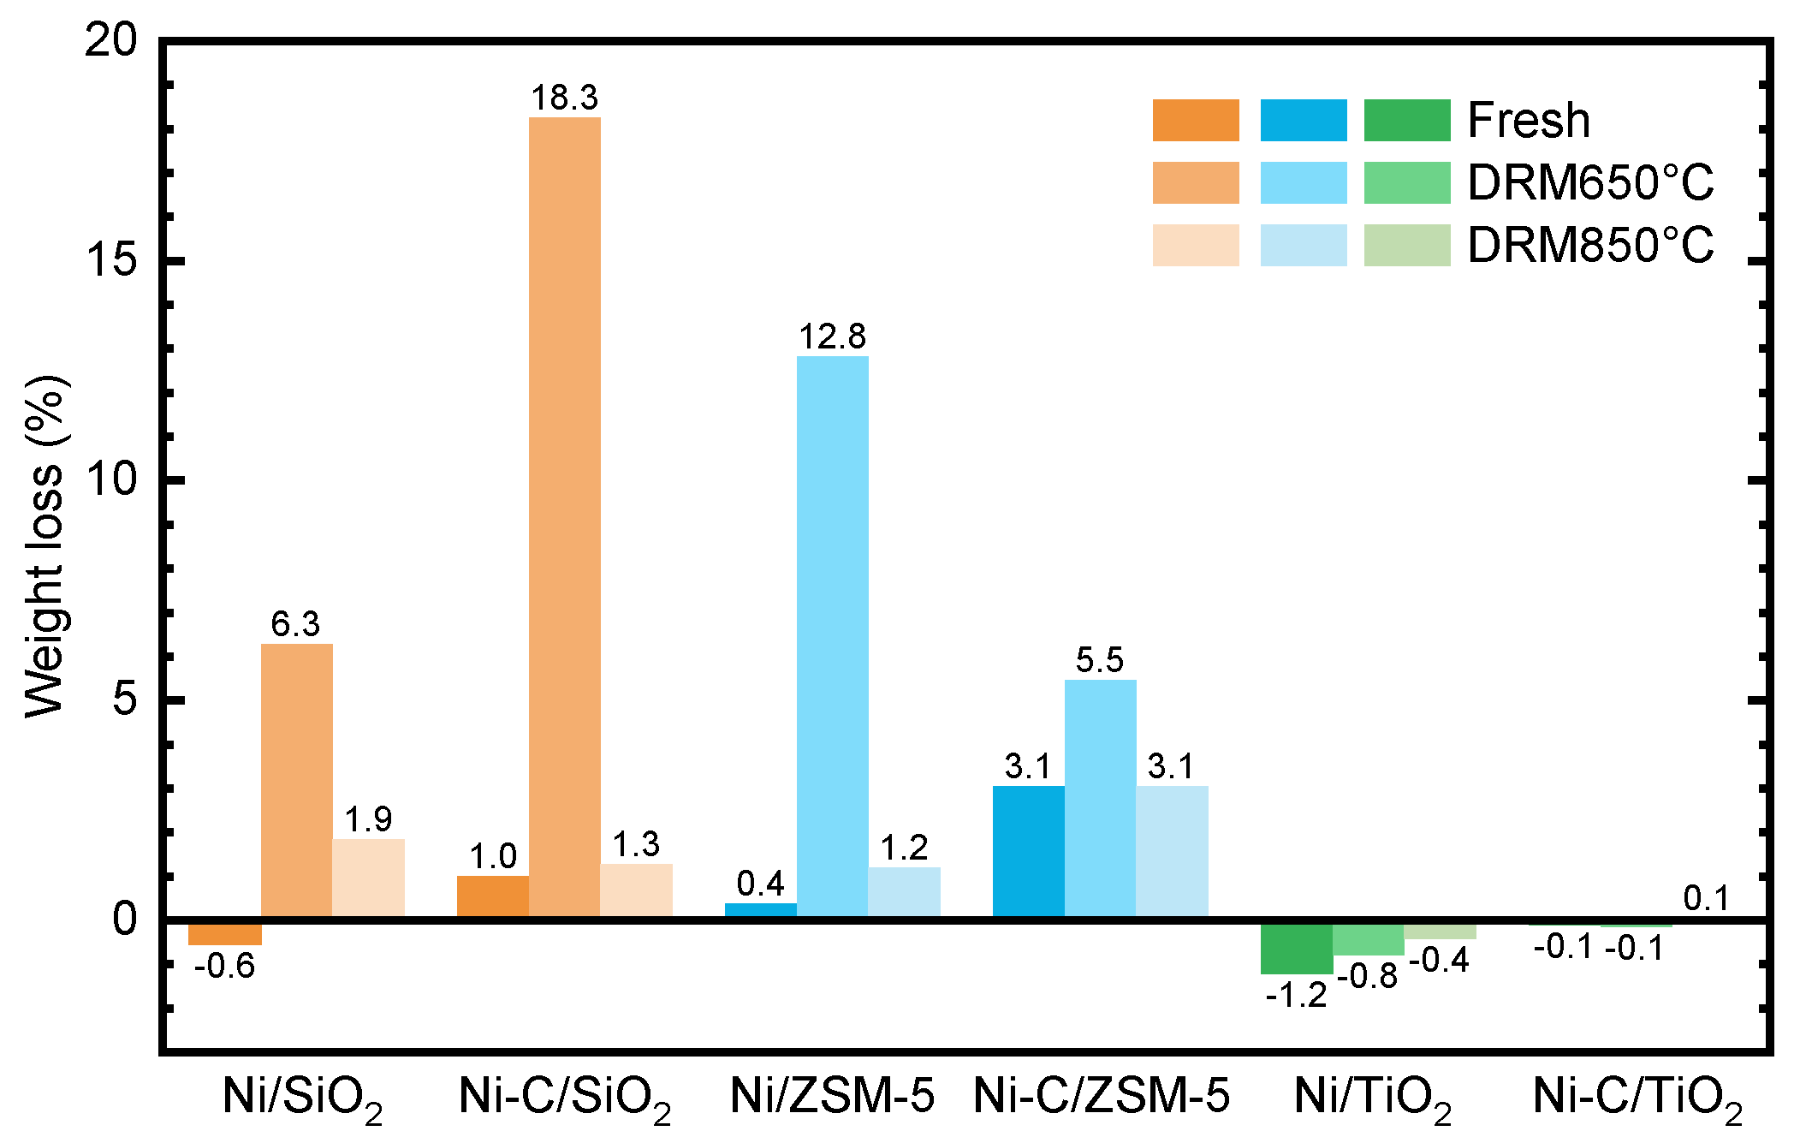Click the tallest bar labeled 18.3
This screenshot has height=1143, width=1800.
click(x=564, y=514)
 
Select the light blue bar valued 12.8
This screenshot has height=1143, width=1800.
click(x=832, y=634)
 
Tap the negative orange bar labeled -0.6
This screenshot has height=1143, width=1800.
click(x=224, y=932)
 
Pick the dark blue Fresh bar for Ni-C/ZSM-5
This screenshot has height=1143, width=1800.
click(x=1028, y=851)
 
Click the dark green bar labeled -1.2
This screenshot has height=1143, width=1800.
click(x=1296, y=947)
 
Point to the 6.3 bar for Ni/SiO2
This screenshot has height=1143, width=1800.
click(x=296, y=779)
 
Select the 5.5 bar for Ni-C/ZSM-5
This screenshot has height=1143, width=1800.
click(x=1100, y=796)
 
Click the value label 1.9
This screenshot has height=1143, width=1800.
click(x=368, y=820)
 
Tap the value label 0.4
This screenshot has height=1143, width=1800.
click(x=760, y=884)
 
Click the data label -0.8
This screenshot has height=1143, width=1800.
click(x=1368, y=976)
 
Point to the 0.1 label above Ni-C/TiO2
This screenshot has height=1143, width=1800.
click(x=1706, y=898)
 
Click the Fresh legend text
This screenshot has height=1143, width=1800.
click(x=1529, y=120)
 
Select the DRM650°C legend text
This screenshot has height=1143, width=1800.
click(x=1590, y=182)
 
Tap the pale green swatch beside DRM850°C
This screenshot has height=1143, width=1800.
click(x=1406, y=245)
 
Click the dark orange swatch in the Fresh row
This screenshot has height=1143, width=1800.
click(x=1195, y=120)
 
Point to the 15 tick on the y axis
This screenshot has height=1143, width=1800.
click(x=111, y=259)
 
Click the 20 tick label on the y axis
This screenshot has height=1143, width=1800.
click(x=111, y=39)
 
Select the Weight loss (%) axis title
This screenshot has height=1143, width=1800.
click(x=45, y=546)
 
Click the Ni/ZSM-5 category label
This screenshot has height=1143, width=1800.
click(x=832, y=1096)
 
